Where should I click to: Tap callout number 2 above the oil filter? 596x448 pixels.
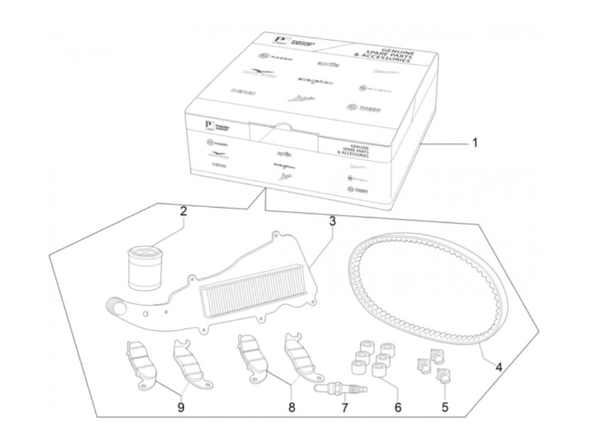pyautogui.click(x=183, y=212)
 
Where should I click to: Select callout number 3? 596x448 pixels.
pyautogui.click(x=332, y=221)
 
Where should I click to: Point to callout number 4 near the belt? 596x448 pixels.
pyautogui.click(x=499, y=366)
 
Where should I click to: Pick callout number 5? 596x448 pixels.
pyautogui.click(x=444, y=408)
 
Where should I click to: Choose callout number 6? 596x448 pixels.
pyautogui.click(x=398, y=408)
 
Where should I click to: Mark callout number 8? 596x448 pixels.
pyautogui.click(x=292, y=408)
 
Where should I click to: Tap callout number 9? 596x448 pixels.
pyautogui.click(x=181, y=408)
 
